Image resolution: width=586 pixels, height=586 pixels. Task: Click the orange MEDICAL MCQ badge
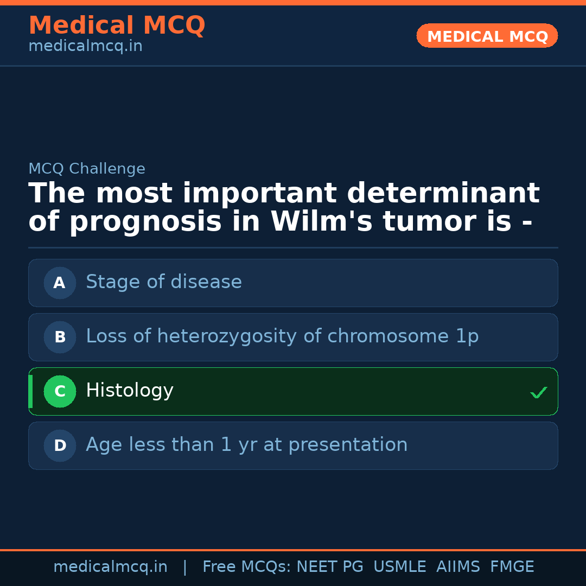487,36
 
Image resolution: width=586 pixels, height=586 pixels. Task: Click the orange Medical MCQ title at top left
117,26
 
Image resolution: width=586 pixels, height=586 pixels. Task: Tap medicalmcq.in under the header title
85,46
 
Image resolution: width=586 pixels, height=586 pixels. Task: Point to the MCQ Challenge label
87,169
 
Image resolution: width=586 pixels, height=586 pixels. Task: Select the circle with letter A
60,283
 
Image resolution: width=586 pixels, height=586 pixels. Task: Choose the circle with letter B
60,337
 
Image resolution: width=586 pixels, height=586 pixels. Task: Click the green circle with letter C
60,391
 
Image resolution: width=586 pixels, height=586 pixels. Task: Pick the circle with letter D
60,445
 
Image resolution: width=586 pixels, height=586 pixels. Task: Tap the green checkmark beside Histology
538,392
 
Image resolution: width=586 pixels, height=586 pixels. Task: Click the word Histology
130,391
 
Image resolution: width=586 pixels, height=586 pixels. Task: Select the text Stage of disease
164,282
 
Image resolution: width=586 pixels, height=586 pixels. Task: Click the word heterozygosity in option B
227,336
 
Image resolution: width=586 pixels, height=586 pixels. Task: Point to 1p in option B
467,336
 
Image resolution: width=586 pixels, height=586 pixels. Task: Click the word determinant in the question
443,194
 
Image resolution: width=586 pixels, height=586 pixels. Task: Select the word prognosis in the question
146,222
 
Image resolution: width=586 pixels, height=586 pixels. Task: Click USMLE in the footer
399,567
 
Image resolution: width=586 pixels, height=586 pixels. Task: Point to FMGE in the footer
512,567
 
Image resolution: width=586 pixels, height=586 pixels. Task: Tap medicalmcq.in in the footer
110,567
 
